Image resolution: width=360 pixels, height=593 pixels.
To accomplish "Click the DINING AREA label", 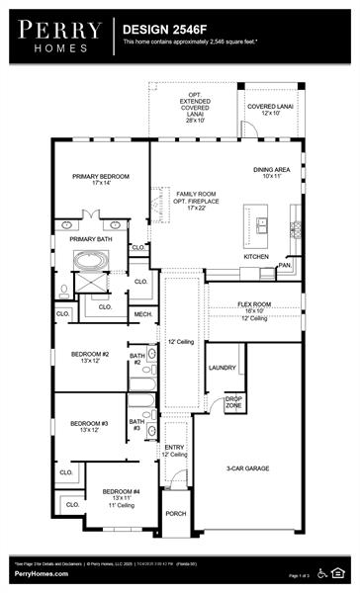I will click(272, 172).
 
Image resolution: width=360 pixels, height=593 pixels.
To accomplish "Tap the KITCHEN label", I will click(255, 256).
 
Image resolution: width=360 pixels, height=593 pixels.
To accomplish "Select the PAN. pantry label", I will click(284, 265).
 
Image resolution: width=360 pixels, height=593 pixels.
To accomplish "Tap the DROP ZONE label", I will click(232, 402).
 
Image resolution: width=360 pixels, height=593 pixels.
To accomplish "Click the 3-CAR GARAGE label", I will click(248, 468).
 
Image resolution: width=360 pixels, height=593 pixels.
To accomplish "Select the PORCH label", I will click(175, 514).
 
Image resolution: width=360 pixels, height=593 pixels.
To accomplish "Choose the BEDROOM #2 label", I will click(89, 357).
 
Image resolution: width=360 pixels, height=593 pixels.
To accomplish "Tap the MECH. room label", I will click(142, 315).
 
